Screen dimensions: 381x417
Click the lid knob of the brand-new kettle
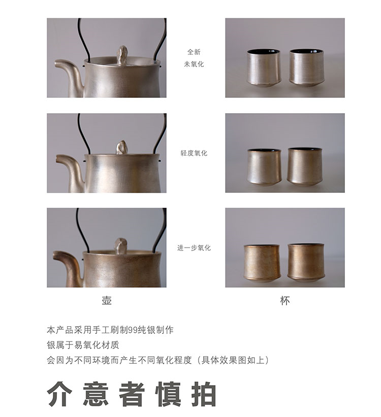pos(123,54)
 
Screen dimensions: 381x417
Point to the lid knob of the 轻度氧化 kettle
pos(122,147)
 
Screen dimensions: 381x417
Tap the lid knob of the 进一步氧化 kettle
pos(120,246)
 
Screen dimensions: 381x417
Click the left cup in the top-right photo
pos(263,68)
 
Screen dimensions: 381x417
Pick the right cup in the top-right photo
pos(306,67)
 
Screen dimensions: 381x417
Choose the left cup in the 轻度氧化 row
pos(264,167)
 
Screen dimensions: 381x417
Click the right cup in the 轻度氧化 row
pos(305,166)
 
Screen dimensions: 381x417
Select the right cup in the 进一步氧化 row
pos(306,263)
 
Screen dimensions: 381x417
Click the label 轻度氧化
pos(194,153)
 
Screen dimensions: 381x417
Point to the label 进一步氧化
pos(194,248)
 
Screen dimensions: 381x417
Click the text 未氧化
pos(194,64)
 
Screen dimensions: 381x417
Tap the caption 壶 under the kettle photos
pos(107,300)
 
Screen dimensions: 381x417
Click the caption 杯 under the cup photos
pos(285,301)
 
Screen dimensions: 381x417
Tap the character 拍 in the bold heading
pos(204,394)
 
